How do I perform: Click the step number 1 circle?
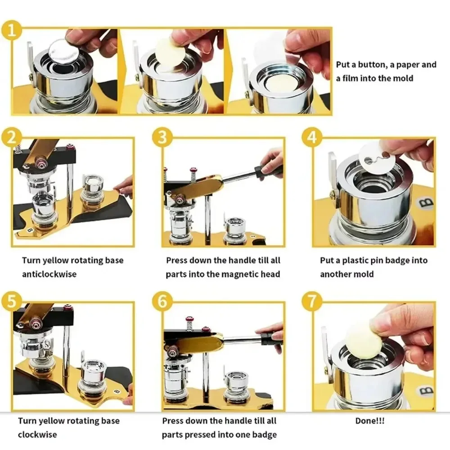12,30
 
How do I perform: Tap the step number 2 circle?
12,137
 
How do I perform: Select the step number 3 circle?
162,137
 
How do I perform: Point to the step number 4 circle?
312,137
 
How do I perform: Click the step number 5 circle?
12,301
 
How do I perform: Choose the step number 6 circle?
162,301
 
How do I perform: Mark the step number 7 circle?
312,301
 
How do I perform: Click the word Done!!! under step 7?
369,421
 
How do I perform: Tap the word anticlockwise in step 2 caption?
49,274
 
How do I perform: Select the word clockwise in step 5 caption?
37,435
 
